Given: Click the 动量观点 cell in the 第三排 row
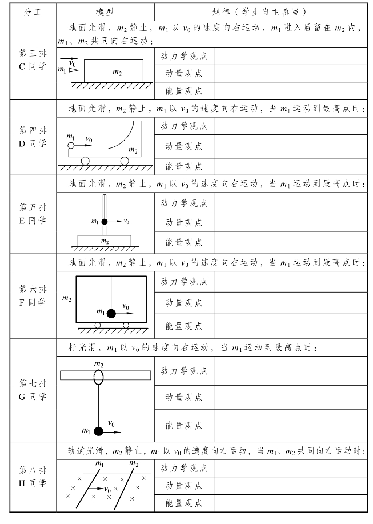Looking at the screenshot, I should pyautogui.click(x=183, y=73).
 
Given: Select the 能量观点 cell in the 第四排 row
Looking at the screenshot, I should pyautogui.click(x=183, y=166).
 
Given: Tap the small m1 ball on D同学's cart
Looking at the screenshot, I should pyautogui.click(x=70, y=146).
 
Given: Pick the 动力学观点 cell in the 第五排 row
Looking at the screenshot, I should pyautogui.click(x=183, y=203).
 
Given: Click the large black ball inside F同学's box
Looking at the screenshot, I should pyautogui.click(x=111, y=313).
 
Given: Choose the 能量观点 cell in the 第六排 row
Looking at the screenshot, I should pyautogui.click(x=183, y=326).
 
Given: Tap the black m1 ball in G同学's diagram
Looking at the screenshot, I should pyautogui.click(x=99, y=431).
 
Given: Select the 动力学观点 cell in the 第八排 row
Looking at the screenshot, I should pyautogui.click(x=183, y=469).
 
